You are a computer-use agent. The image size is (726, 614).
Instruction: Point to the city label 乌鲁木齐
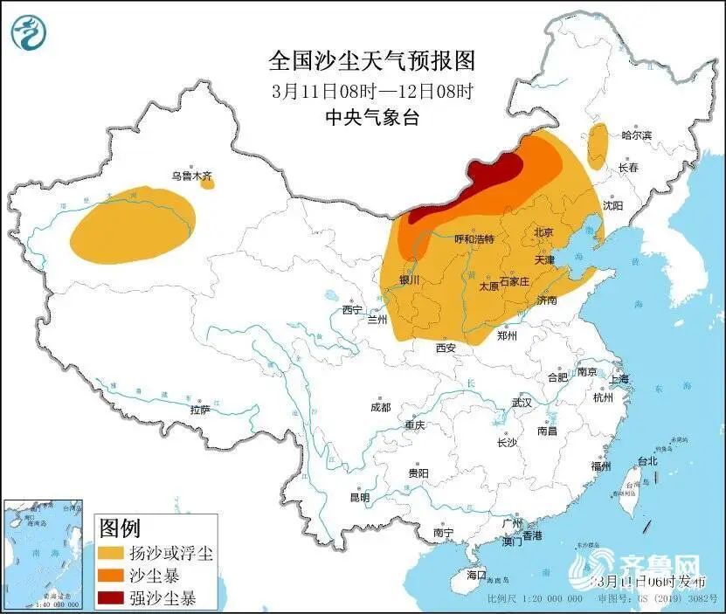[191, 176]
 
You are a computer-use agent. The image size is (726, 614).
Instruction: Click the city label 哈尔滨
[636, 135]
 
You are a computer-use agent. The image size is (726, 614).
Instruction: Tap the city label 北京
[543, 232]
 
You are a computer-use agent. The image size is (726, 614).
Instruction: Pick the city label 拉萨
[200, 409]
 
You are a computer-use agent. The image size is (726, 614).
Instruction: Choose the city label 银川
[409, 279]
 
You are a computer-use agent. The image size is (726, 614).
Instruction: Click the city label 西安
[446, 348]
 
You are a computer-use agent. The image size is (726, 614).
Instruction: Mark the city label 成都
[380, 407]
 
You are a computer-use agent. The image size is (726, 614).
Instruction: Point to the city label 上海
[619, 379]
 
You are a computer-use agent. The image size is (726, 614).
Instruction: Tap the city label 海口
[475, 575]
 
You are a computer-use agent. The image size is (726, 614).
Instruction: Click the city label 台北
[646, 461]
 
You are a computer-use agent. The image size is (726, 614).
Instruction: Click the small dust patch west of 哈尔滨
[598, 145]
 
